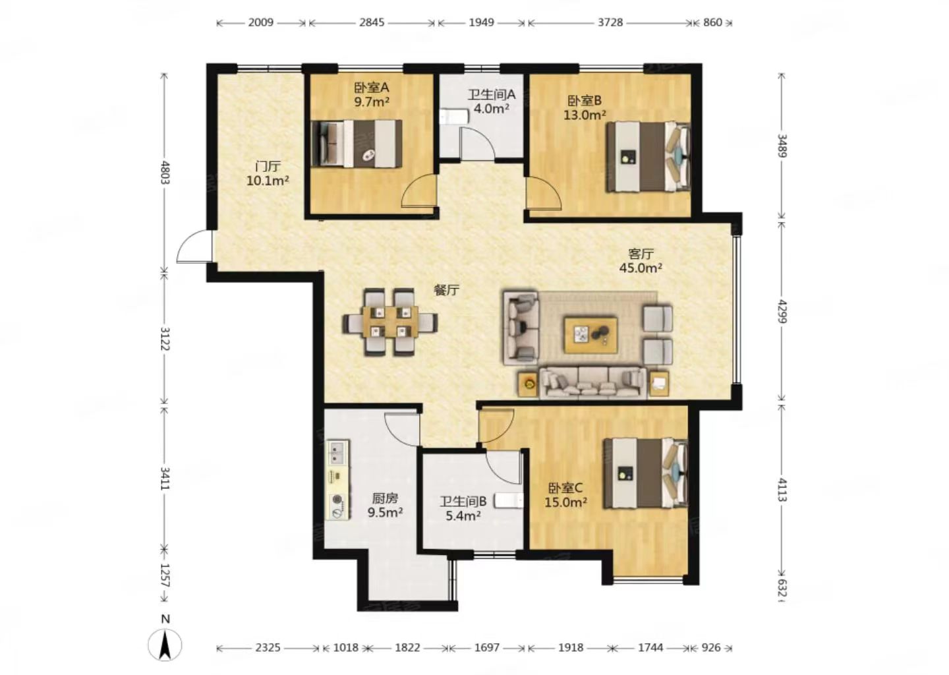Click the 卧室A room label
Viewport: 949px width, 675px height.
click(372, 88)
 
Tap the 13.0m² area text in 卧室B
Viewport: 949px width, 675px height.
click(584, 115)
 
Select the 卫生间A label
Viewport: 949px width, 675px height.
click(492, 94)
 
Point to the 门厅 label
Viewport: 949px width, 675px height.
click(268, 166)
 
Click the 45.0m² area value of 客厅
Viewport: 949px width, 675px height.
click(641, 268)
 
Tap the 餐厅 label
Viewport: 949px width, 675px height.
click(447, 290)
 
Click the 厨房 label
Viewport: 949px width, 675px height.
click(385, 498)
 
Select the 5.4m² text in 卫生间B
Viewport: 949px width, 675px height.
click(463, 515)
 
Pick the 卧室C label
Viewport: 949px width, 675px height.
click(565, 488)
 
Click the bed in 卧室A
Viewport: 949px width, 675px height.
click(357, 143)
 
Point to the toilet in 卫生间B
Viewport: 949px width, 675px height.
click(509, 501)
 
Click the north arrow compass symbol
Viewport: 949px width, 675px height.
click(165, 645)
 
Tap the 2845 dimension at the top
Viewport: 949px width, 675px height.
click(372, 22)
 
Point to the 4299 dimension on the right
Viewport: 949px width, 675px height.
click(782, 311)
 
